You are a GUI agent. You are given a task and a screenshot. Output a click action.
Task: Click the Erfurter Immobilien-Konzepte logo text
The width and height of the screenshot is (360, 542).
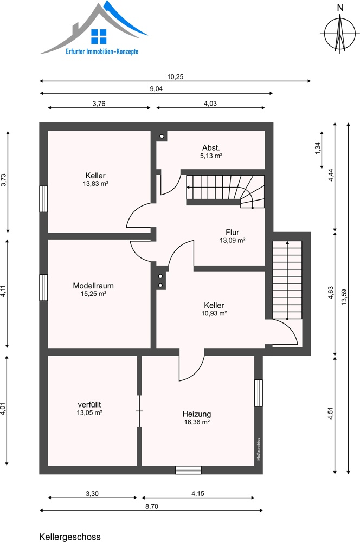[102, 51]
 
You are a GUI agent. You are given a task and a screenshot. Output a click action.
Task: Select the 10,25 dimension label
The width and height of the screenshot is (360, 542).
[175, 77]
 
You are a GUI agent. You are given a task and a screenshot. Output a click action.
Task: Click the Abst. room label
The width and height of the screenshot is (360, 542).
[211, 147]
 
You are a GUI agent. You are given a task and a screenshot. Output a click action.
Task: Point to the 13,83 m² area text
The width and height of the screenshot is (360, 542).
[95, 184]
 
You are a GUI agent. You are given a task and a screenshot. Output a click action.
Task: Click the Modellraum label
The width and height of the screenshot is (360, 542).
[93, 286]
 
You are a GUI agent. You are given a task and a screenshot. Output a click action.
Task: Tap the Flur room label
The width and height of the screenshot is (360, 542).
[233, 233]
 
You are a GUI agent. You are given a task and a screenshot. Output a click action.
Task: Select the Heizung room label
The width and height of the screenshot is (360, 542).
[197, 414]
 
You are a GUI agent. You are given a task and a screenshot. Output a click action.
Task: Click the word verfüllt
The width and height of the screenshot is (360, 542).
[89, 404]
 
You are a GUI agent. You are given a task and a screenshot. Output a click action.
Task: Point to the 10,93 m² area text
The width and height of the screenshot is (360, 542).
[214, 313]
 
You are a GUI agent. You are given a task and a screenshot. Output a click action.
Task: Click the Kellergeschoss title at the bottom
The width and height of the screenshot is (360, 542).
[70, 537]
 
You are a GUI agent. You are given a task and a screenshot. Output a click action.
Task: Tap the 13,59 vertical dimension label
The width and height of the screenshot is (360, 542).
[344, 297]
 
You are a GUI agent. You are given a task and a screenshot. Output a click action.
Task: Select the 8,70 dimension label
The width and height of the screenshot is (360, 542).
[151, 506]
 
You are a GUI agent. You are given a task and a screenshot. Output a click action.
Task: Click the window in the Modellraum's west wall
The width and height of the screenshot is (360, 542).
[43, 288]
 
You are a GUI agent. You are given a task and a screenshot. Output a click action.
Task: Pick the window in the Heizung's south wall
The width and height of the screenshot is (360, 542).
[188, 470]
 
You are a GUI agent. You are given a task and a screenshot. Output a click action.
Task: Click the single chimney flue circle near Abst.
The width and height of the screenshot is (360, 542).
[162, 136]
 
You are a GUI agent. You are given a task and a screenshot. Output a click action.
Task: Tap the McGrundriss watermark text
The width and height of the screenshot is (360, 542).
[259, 449]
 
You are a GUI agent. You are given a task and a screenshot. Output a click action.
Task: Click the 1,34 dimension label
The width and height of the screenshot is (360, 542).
[318, 149]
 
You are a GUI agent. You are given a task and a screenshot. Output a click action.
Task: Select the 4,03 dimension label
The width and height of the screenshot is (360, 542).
[210, 104]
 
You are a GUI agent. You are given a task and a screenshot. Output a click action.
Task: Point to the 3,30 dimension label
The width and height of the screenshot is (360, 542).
[92, 494]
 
